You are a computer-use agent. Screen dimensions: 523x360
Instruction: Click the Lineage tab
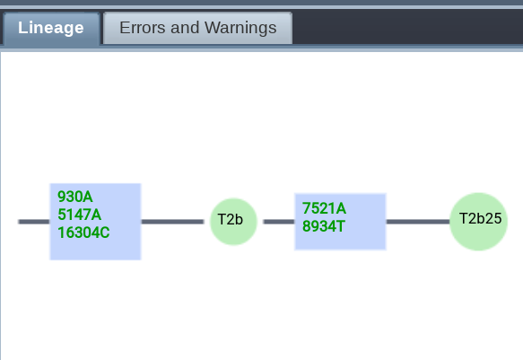(x=51, y=29)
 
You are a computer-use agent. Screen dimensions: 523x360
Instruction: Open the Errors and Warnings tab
(x=197, y=29)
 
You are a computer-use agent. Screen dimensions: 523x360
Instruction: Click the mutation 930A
(x=75, y=197)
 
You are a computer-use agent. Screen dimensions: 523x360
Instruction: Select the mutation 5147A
(x=79, y=215)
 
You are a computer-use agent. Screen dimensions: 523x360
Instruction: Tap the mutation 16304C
(x=83, y=233)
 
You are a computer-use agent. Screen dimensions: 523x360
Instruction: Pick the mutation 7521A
(x=324, y=208)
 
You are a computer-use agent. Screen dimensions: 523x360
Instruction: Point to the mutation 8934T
(x=324, y=226)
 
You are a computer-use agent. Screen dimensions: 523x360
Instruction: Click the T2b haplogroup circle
(x=233, y=222)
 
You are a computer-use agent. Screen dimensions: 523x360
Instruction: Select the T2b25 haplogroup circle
(x=479, y=222)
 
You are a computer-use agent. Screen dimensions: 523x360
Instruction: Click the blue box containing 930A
(x=95, y=222)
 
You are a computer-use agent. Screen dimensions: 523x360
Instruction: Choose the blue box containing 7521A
(x=340, y=222)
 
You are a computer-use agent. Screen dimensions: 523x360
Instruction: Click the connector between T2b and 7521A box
(x=279, y=222)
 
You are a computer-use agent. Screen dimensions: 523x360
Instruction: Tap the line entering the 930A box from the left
(x=34, y=222)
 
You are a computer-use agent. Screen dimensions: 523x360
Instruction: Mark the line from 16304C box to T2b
(x=172, y=222)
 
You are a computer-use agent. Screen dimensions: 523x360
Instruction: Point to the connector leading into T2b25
(x=418, y=222)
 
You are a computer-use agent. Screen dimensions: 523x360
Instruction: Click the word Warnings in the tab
(x=240, y=29)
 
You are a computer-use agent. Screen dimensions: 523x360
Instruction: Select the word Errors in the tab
(x=143, y=28)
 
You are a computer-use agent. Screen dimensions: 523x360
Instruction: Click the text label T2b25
(x=480, y=219)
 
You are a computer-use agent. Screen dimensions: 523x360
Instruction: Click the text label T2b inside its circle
(x=231, y=220)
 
